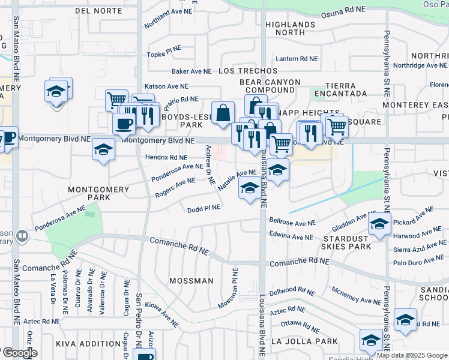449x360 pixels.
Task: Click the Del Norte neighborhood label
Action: click(98, 11)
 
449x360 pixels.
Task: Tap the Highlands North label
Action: click(290, 28)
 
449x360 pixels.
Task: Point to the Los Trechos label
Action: click(248, 71)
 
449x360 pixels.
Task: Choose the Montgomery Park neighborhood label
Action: click(98, 193)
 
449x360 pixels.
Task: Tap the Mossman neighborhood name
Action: click(191, 281)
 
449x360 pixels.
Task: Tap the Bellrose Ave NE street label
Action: click(292, 223)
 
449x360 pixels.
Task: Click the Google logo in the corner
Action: click(19, 353)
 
